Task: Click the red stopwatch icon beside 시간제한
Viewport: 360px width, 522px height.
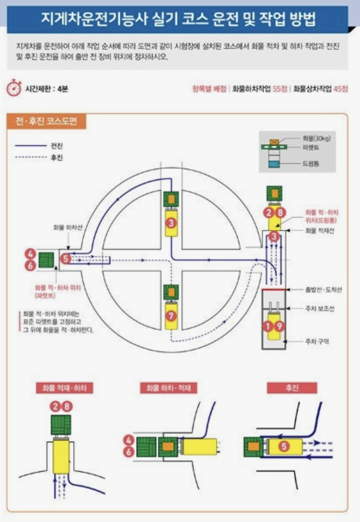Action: [x=14, y=89]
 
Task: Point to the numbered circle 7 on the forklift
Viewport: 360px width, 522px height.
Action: [x=172, y=316]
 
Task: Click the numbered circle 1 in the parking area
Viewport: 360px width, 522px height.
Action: [x=268, y=326]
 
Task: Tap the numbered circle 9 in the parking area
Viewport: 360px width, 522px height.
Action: [x=279, y=326]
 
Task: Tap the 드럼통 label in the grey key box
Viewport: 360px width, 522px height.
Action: [x=311, y=164]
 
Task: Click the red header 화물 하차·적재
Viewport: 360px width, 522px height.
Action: [x=172, y=388]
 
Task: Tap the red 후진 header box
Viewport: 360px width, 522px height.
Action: [x=291, y=388]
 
